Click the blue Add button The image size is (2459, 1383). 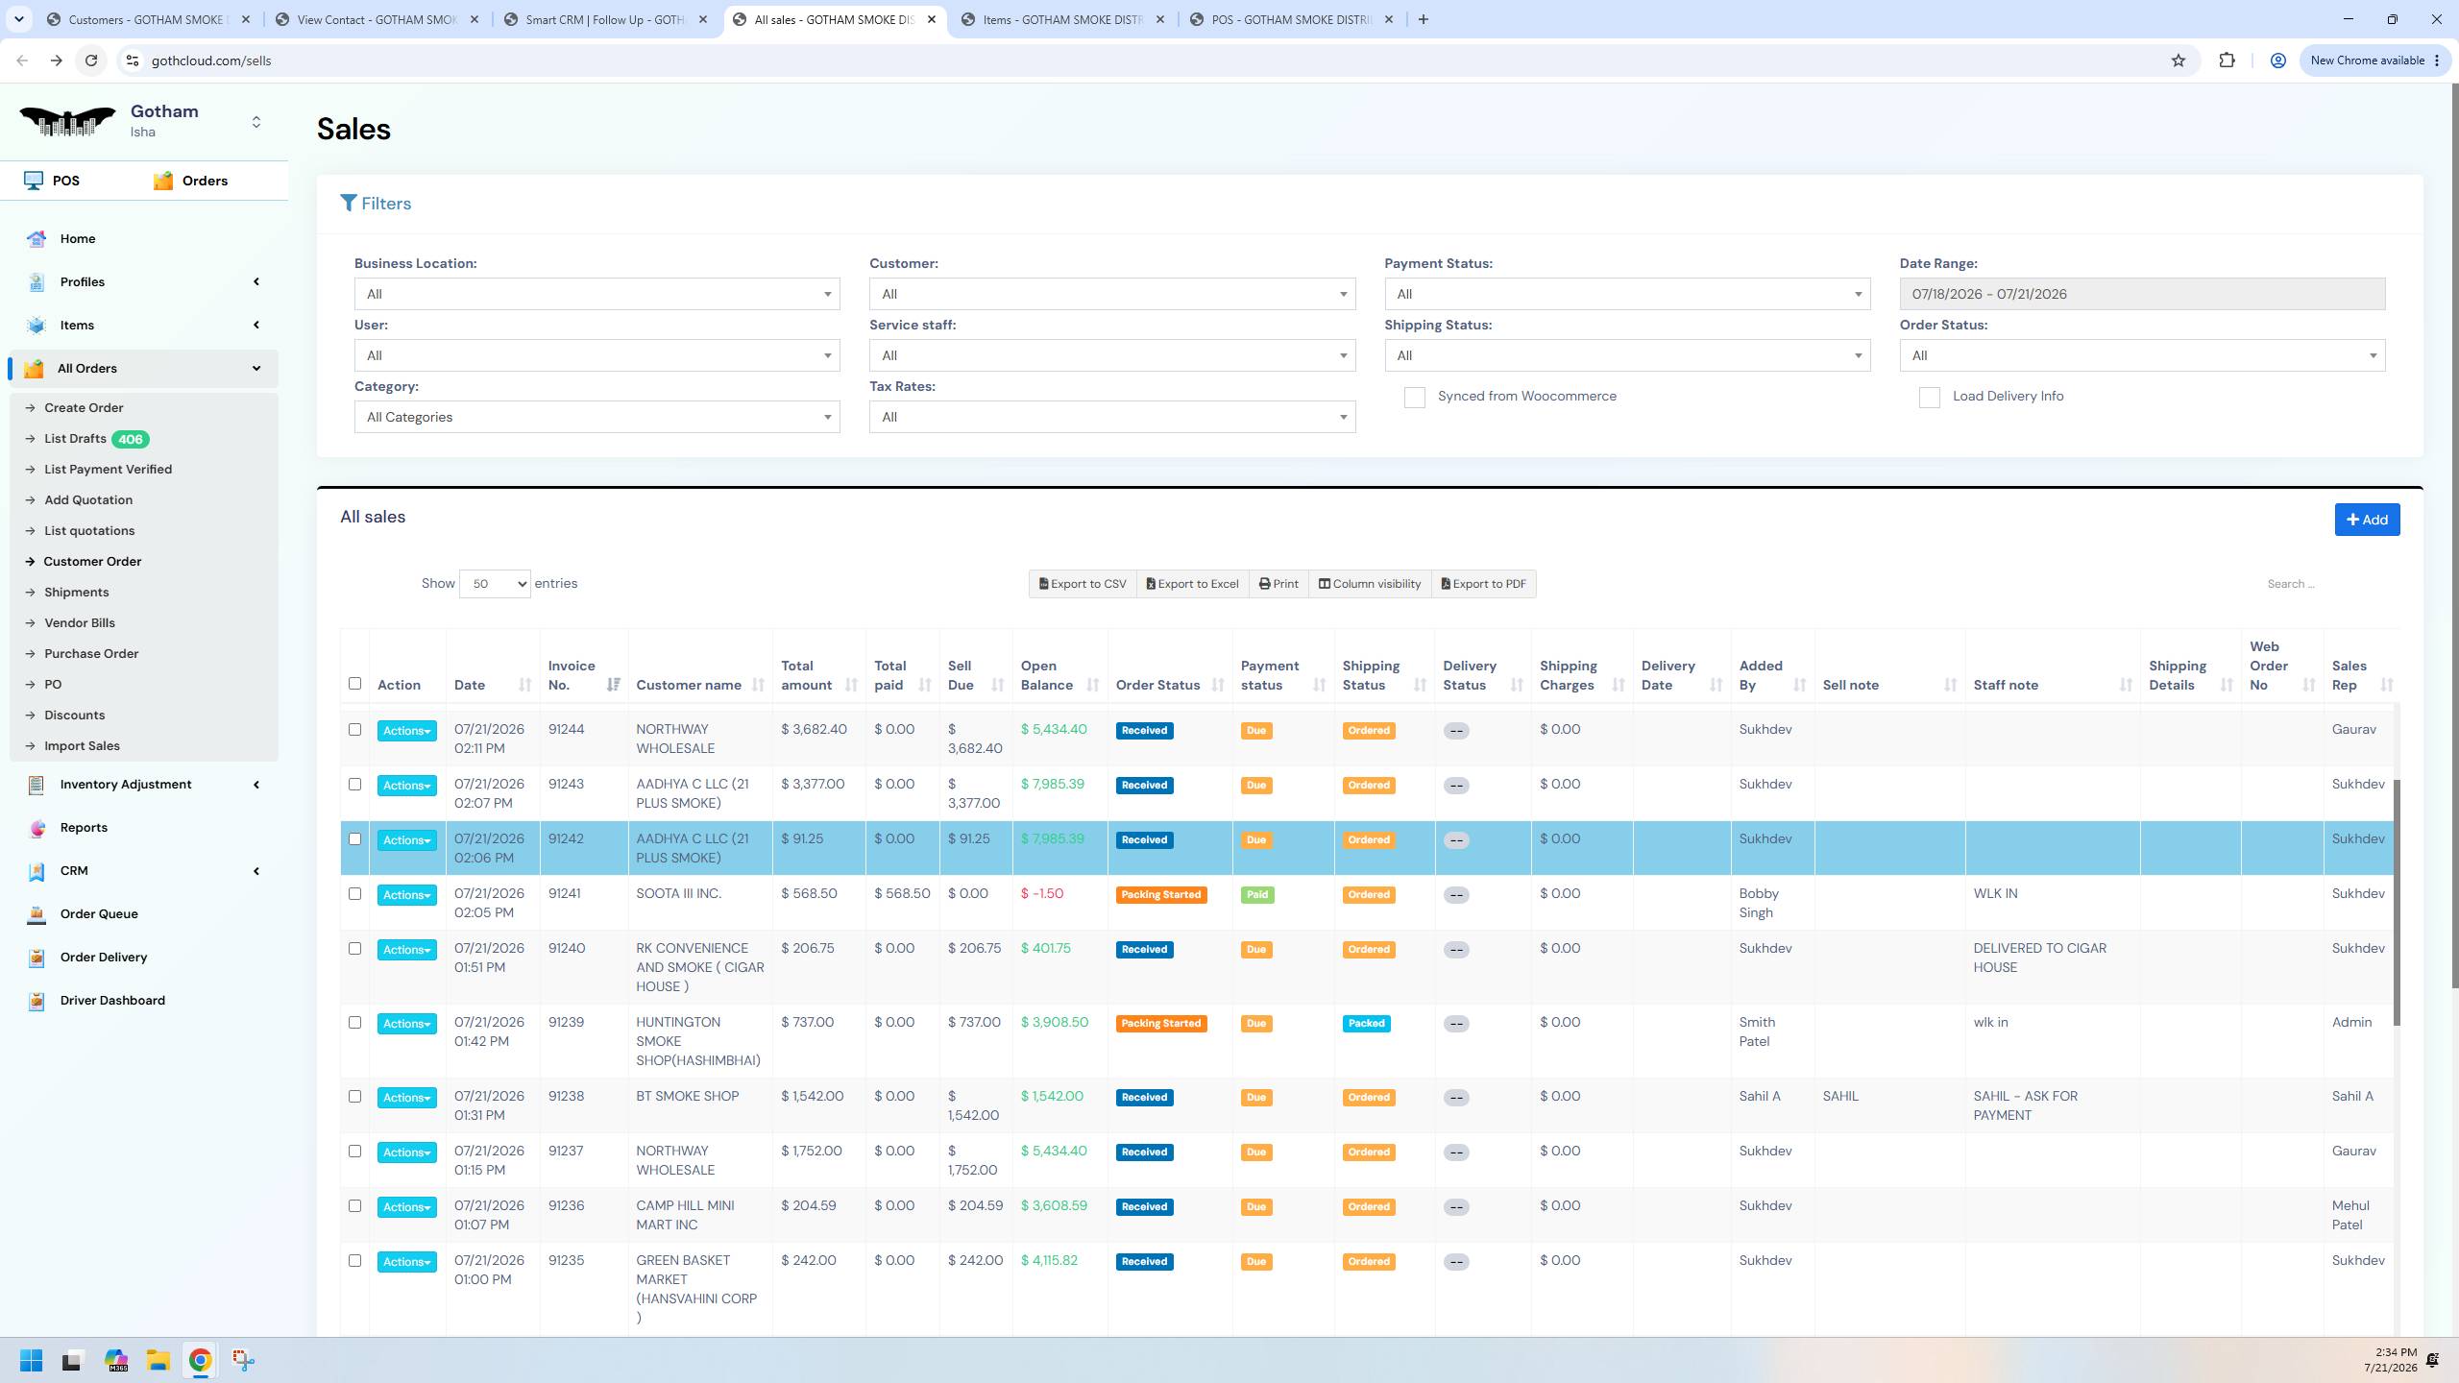[2367, 520]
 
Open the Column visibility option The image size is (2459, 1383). [1369, 584]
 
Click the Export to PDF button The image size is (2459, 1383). [1483, 584]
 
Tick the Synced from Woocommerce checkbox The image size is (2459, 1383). [1414, 398]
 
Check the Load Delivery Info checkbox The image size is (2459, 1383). [1929, 398]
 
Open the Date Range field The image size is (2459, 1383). [2142, 294]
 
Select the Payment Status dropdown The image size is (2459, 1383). [1627, 294]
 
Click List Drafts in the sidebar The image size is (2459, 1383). [75, 439]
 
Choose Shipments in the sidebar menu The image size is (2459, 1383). [77, 593]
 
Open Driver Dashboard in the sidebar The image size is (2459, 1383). [112, 1001]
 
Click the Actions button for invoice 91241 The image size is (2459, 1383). [406, 895]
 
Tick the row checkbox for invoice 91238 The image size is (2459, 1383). [354, 1097]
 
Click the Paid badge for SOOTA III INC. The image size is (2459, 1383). [1256, 895]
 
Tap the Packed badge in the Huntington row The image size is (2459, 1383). [1366, 1024]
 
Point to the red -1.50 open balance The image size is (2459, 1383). [1042, 894]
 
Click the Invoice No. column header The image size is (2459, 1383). [572, 675]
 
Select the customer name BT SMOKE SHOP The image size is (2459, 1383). [688, 1097]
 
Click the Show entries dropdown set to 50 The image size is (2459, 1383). [495, 584]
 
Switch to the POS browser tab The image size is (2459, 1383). [1292, 19]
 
